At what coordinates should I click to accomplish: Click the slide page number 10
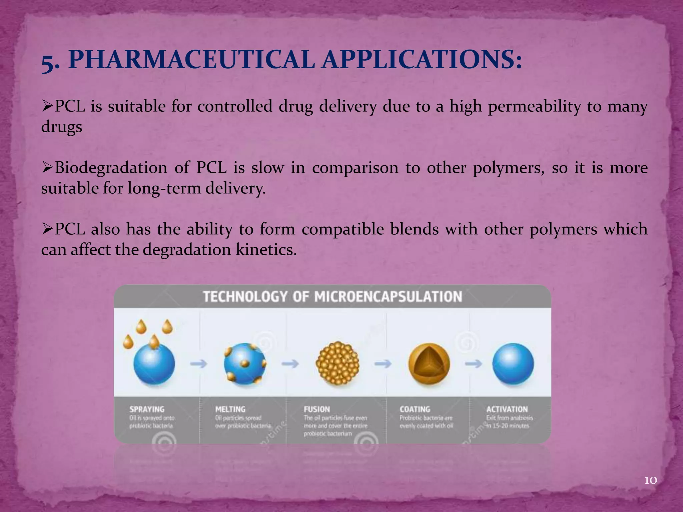[x=650, y=480]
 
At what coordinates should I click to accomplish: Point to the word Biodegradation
[x=111, y=168]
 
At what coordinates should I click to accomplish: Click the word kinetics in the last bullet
[x=266, y=250]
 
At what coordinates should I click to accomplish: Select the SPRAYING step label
[x=147, y=409]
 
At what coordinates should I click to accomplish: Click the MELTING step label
[x=230, y=409]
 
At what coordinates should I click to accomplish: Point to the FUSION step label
[x=317, y=409]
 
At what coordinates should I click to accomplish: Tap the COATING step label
[x=415, y=409]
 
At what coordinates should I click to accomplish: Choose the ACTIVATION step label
[x=507, y=409]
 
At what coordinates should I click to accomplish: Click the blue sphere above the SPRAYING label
[x=154, y=364]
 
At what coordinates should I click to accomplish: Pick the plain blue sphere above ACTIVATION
[x=513, y=364]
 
